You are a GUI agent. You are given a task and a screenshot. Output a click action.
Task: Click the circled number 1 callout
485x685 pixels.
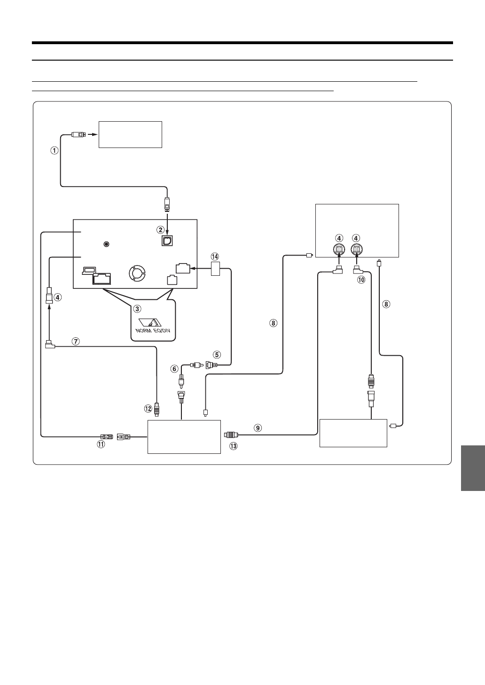click(x=55, y=151)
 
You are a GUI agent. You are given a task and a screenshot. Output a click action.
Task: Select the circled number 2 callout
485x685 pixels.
click(x=161, y=230)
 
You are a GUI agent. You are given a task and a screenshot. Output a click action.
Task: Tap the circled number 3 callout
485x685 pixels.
click(x=137, y=309)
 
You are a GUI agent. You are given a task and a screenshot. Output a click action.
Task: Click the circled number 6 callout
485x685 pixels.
click(x=174, y=369)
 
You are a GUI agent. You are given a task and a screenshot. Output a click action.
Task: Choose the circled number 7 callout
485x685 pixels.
click(x=76, y=342)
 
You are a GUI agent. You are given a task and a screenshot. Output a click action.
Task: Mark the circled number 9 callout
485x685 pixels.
click(x=257, y=428)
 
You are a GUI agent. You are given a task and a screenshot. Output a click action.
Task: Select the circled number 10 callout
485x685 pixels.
click(x=361, y=280)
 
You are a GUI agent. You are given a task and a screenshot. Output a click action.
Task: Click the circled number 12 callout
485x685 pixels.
click(x=149, y=408)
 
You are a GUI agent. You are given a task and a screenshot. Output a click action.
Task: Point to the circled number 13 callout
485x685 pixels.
click(x=234, y=446)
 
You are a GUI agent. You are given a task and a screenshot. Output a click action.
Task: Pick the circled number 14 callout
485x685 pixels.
click(x=215, y=257)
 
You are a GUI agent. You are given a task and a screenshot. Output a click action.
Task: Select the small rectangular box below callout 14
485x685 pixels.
click(x=215, y=269)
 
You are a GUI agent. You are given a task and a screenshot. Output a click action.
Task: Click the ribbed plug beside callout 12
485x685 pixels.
click(x=157, y=408)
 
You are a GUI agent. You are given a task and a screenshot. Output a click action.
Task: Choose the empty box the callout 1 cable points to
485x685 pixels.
click(x=130, y=134)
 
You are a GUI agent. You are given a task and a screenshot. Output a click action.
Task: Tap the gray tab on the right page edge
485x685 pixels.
click(x=472, y=468)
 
